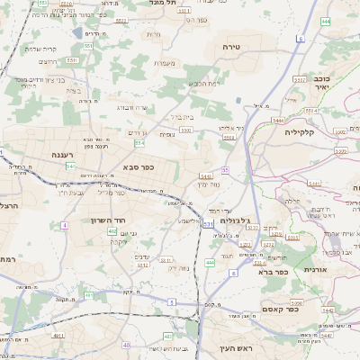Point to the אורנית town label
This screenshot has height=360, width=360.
click(315, 269)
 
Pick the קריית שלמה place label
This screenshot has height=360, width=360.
click(40, 49)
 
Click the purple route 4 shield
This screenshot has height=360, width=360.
click(65, 225)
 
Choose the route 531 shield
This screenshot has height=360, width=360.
click(208, 223)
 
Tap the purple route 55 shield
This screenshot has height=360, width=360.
click(225, 169)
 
